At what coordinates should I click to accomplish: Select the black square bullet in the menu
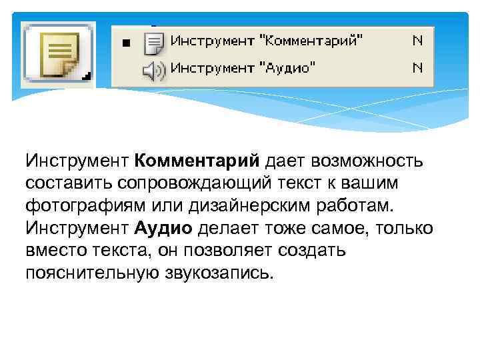126,44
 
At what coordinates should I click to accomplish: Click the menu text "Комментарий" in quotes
315,41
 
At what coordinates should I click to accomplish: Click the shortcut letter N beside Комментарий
417,41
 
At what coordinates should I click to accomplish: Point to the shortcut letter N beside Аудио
417,67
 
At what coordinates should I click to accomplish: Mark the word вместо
55,251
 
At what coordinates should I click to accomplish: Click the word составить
65,183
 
